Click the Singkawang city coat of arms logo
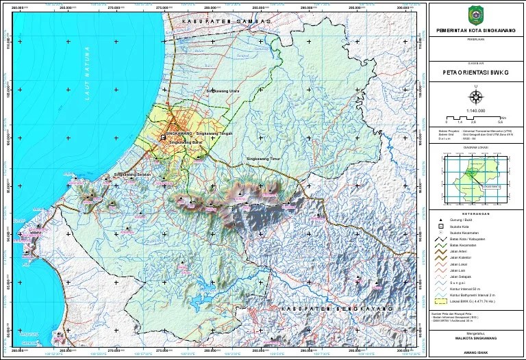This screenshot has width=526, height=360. (477, 14)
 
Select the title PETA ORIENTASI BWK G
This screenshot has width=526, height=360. (477, 70)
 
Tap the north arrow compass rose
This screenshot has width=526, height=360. (477, 96)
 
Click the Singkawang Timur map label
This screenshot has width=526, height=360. (263, 159)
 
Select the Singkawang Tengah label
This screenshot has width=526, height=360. (215, 134)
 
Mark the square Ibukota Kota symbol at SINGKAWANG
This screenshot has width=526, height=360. (163, 138)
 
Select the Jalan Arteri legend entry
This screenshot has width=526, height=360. (459, 251)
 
